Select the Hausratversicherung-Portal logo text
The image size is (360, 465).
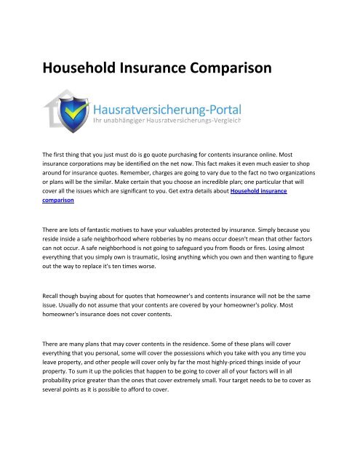[168, 109]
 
